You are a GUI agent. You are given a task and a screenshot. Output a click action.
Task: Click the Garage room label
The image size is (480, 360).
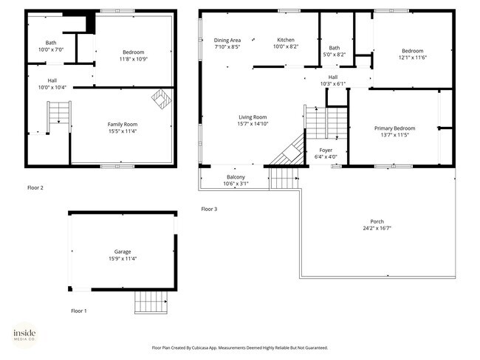click(x=122, y=252)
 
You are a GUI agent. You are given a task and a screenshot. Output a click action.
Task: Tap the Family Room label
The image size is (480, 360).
click(x=123, y=124)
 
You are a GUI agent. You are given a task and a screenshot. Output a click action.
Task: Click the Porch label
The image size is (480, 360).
click(x=377, y=221)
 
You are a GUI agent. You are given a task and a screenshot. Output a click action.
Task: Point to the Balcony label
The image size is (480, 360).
click(x=236, y=177)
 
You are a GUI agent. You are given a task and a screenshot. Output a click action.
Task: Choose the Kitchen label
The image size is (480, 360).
click(x=286, y=40)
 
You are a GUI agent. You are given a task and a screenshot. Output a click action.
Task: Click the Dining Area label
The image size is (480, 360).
click(x=227, y=40)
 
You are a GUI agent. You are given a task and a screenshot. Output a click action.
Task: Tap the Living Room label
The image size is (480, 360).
click(x=253, y=117)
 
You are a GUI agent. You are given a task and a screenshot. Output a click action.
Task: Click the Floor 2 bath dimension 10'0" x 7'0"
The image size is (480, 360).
click(x=51, y=49)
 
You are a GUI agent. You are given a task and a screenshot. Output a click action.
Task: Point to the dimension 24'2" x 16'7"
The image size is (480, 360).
click(x=377, y=229)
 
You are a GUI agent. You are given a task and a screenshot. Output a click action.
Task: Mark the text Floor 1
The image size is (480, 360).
click(x=79, y=311)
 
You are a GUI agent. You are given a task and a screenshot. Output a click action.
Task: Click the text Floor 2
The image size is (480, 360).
click(x=35, y=187)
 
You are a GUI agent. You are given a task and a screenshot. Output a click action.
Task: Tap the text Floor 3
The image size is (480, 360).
click(x=210, y=209)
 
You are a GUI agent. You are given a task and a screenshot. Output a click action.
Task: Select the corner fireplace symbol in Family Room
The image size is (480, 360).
click(x=160, y=97)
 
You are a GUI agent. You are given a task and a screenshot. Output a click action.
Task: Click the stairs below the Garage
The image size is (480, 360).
click(x=152, y=301)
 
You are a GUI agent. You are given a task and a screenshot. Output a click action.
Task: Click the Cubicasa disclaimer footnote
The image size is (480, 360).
click(x=240, y=347)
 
